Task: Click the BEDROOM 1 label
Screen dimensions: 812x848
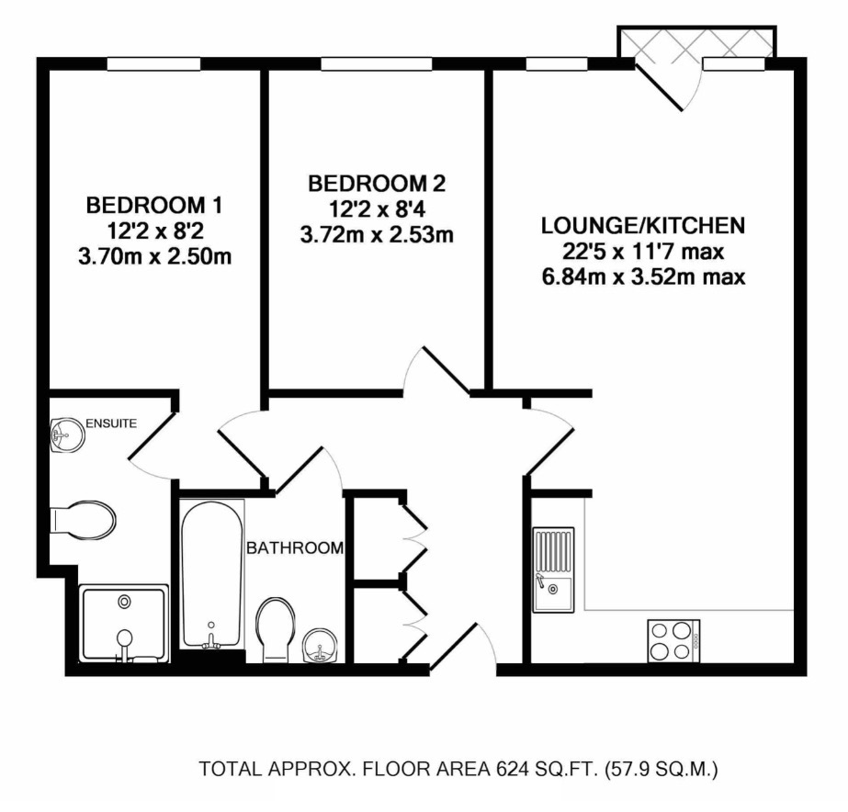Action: tap(154, 203)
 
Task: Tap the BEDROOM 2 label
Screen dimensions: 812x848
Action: tap(377, 183)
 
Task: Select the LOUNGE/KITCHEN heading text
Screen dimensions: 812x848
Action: tap(642, 225)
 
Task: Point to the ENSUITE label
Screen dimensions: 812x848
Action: tap(111, 423)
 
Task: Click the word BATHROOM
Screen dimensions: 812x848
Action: tap(294, 548)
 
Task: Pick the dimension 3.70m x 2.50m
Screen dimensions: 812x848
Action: tap(154, 257)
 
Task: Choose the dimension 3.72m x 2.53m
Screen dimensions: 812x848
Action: tap(377, 236)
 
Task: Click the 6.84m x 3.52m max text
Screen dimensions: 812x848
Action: tap(642, 276)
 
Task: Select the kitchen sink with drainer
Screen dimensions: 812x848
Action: tap(553, 570)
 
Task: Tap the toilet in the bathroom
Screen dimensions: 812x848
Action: tap(276, 629)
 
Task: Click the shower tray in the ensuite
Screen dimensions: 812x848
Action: tap(125, 623)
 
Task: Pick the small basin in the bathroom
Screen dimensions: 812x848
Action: tap(320, 645)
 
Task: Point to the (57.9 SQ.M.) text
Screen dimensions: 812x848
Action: tap(661, 768)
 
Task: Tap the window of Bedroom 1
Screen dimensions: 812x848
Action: tap(153, 64)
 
